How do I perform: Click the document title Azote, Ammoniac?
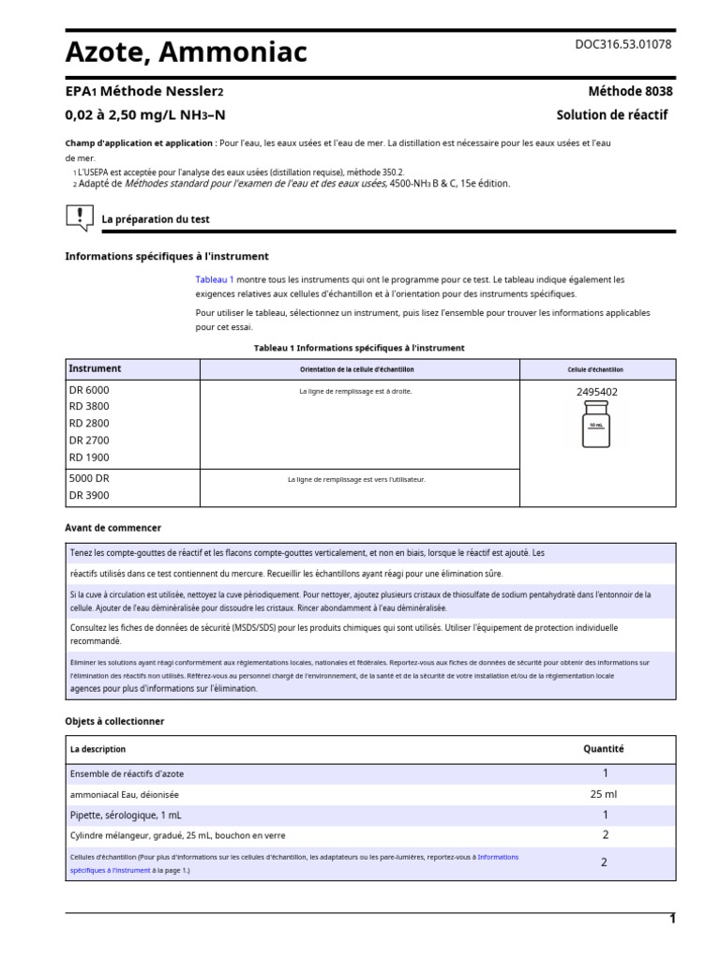pyautogui.click(x=186, y=52)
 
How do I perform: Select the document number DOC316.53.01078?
pyautogui.click(x=622, y=44)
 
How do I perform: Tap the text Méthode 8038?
pyautogui.click(x=630, y=92)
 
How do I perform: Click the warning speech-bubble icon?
pyautogui.click(x=80, y=218)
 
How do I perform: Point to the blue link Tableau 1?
pyautogui.click(x=215, y=279)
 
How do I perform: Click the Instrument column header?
pyautogui.click(x=95, y=368)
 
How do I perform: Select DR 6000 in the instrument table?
pyautogui.click(x=89, y=389)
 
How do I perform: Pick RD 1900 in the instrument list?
pyautogui.click(x=89, y=457)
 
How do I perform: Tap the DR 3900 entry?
pyautogui.click(x=89, y=495)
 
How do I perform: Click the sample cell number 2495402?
pyautogui.click(x=596, y=392)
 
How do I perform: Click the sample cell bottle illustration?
pyautogui.click(x=596, y=424)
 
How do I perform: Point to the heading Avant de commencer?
pyautogui.click(x=112, y=528)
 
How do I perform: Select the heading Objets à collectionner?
pyautogui.click(x=114, y=721)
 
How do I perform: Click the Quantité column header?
pyautogui.click(x=604, y=749)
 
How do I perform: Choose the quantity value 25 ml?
pyautogui.click(x=605, y=794)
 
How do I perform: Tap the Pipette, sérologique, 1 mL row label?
pyautogui.click(x=129, y=815)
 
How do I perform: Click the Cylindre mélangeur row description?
pyautogui.click(x=177, y=835)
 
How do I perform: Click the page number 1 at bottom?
pyautogui.click(x=671, y=919)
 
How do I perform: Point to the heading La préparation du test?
pyautogui.click(x=156, y=219)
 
